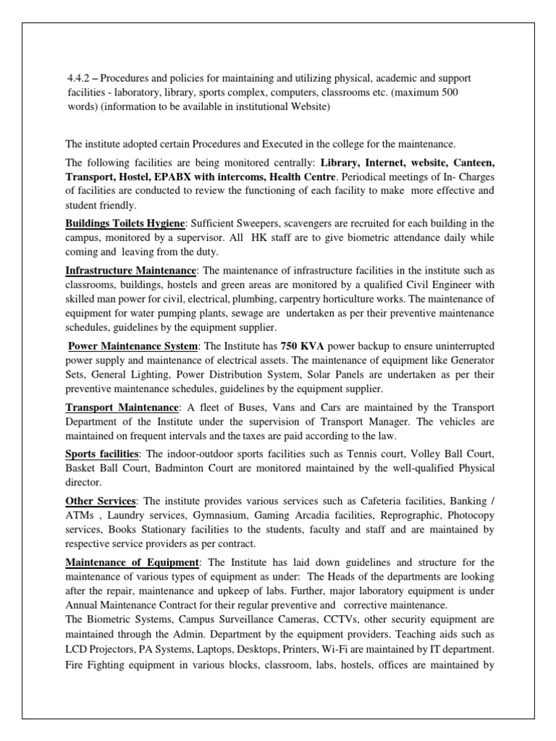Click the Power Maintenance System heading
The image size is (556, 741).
coord(134,347)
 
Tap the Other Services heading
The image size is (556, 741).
coord(101,500)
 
